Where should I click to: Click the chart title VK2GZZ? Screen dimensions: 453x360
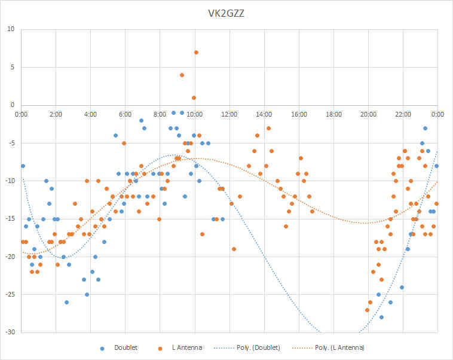(227, 14)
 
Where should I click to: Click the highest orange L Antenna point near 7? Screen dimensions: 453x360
(196, 53)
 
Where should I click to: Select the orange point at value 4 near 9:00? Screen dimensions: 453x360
(182, 75)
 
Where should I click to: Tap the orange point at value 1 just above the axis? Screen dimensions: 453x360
(194, 97)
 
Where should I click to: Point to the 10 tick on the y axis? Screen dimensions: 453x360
(11, 29)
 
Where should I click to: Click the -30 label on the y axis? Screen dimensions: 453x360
(10, 332)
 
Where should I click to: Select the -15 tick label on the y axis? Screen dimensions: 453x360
(10, 219)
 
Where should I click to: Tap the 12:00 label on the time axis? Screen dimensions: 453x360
(229, 114)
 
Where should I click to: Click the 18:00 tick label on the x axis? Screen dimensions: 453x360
(333, 114)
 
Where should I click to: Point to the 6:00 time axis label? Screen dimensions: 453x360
(125, 114)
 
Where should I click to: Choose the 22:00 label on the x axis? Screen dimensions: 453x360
(403, 114)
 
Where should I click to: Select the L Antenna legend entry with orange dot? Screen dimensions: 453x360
(180, 347)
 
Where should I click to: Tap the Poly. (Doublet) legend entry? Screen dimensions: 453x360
(247, 347)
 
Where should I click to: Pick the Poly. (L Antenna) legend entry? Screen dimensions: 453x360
(328, 347)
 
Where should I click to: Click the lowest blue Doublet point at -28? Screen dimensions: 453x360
(381, 317)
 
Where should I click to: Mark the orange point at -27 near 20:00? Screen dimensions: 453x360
(367, 310)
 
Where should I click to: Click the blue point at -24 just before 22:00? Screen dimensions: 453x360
(402, 287)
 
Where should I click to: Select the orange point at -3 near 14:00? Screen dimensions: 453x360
(269, 128)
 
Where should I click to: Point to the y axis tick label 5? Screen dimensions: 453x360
(13, 67)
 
